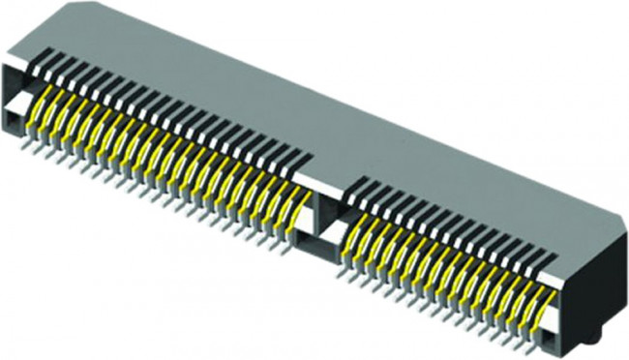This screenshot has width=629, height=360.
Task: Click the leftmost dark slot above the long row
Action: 43,61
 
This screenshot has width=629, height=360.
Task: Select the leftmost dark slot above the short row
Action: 351,185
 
